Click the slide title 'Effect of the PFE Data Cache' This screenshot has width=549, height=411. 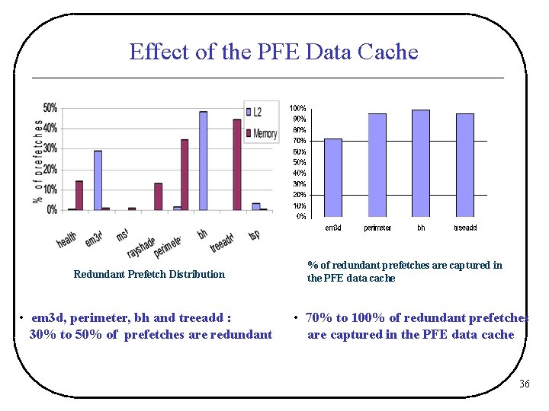pyautogui.click(x=274, y=52)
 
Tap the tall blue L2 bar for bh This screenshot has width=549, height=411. pyautogui.click(x=203, y=161)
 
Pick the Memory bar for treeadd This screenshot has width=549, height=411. pyautogui.click(x=237, y=164)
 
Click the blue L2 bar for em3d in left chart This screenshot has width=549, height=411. pyautogui.click(x=98, y=180)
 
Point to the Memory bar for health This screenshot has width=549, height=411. pyautogui.click(x=79, y=195)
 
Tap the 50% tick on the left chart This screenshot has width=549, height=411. pyautogui.click(x=50, y=108)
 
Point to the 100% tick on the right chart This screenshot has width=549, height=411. pyautogui.click(x=297, y=108)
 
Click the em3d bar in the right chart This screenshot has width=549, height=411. pyautogui.click(x=333, y=177)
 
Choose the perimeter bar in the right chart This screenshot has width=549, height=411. pyautogui.click(x=377, y=165)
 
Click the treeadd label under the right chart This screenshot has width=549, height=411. pyautogui.click(x=465, y=228)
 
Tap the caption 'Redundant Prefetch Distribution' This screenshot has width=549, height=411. pyautogui.click(x=149, y=274)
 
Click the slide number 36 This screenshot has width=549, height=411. pyautogui.click(x=524, y=384)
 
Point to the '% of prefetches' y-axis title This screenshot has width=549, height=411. pyautogui.click(x=37, y=161)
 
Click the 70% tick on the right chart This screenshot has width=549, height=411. pyautogui.click(x=299, y=141)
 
